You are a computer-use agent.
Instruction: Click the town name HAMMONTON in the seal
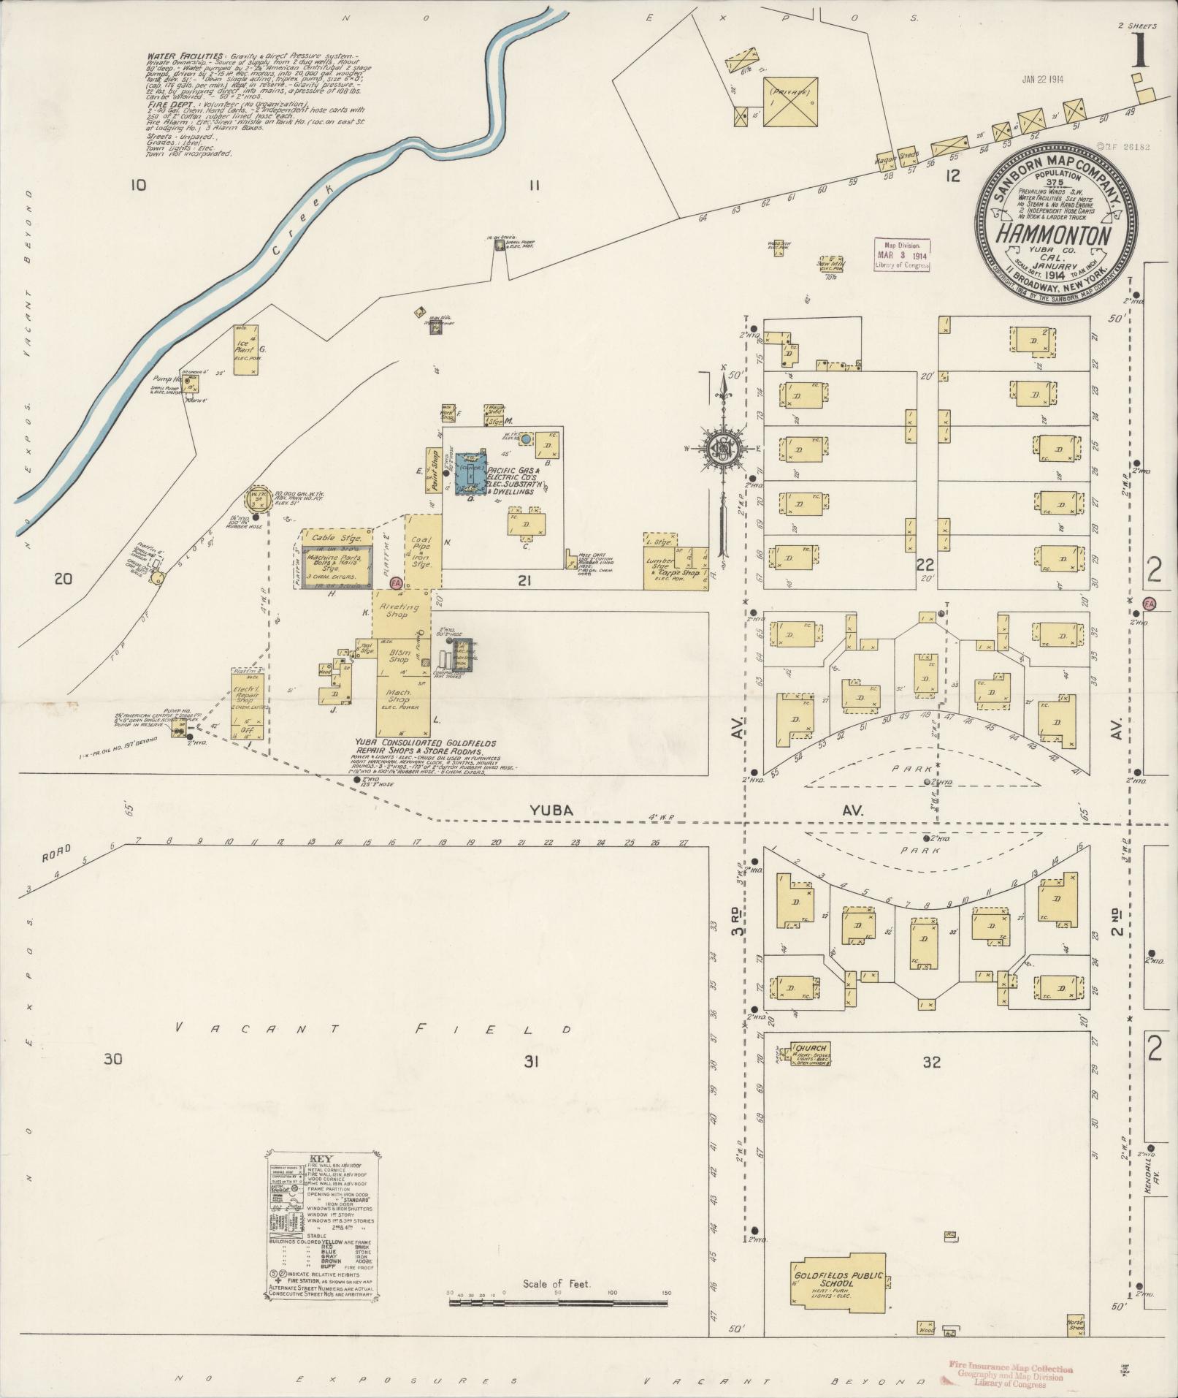click(1056, 235)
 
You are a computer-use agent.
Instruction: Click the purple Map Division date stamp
click(903, 256)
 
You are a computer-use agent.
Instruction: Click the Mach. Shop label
click(399, 696)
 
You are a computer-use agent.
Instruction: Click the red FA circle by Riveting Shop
click(396, 583)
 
